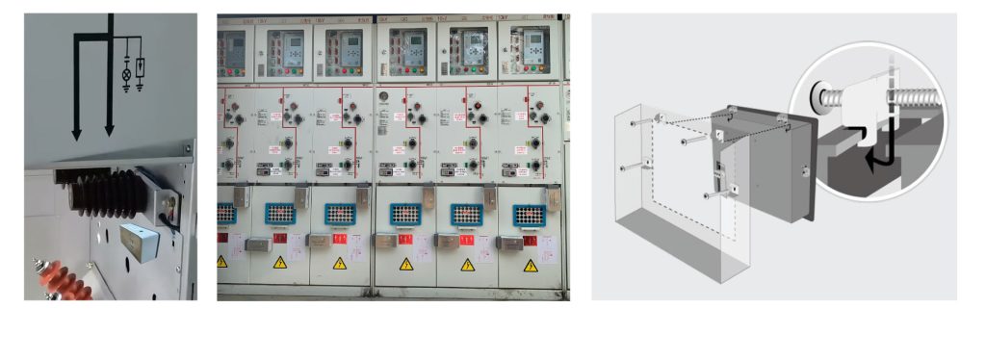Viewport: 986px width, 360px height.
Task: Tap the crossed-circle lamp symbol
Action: point(127,74)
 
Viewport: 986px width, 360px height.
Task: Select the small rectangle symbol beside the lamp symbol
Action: point(141,67)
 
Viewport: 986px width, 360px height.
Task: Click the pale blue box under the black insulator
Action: point(139,240)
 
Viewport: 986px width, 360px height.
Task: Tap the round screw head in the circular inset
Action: point(819,95)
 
